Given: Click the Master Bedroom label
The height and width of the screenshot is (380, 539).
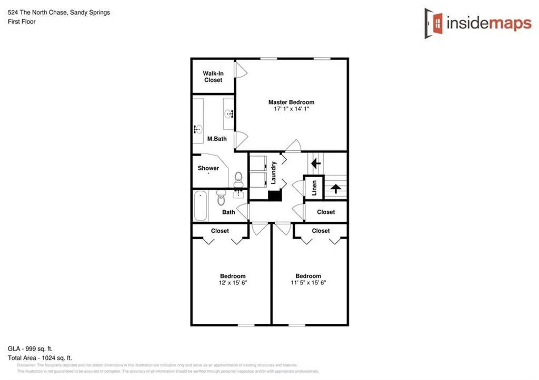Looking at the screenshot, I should click(x=291, y=102).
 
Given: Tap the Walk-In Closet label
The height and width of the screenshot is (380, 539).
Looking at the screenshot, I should click(x=213, y=77).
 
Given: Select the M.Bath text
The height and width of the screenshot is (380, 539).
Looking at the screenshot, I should click(x=216, y=139).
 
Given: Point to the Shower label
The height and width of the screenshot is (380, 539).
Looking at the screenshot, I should click(x=208, y=168).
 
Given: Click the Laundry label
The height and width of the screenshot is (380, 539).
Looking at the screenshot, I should click(x=274, y=172).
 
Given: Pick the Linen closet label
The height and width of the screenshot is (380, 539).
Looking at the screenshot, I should click(x=314, y=187).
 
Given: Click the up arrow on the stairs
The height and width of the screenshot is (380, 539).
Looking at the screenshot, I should click(x=335, y=188).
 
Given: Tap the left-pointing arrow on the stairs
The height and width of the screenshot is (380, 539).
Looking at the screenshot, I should click(x=316, y=163).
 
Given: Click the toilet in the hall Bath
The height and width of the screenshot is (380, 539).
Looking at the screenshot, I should click(x=221, y=198).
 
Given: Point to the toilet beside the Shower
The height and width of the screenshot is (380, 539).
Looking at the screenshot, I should click(x=238, y=178).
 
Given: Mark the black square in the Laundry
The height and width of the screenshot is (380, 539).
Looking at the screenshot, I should click(x=275, y=195).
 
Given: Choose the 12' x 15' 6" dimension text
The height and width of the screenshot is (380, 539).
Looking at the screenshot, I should click(x=233, y=283).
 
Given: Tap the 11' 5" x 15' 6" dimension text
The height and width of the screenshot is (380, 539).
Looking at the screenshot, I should click(x=308, y=283).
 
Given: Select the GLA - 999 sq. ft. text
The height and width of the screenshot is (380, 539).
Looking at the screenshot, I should click(x=31, y=348).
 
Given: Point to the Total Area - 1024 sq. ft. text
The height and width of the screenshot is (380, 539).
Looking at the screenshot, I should click(x=39, y=357).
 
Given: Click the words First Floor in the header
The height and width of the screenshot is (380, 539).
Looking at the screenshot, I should click(x=22, y=22).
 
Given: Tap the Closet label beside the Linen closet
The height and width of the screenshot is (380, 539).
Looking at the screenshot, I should click(x=326, y=212).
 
